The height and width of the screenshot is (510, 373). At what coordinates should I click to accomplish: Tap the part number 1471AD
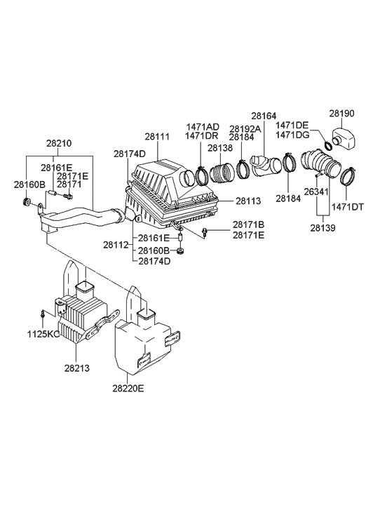pos(202,127)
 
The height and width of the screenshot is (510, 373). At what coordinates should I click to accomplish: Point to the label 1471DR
pos(202,135)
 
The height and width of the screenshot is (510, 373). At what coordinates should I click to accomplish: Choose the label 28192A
pos(245,129)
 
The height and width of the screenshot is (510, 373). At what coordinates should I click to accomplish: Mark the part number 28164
pos(264,116)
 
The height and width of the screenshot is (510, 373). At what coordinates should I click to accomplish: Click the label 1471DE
pos(292,125)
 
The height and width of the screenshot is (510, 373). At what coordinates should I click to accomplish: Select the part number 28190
pos(344,113)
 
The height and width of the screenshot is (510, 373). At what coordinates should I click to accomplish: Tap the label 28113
pos(247,201)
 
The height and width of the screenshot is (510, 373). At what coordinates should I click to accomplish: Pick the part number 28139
pos(323,228)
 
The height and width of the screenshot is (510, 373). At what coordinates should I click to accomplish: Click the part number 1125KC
pos(44,334)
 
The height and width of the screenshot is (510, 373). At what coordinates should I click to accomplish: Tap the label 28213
pos(76,368)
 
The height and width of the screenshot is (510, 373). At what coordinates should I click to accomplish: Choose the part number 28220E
pos(128,387)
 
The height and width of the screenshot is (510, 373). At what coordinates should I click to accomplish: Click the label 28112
pos(115,245)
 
